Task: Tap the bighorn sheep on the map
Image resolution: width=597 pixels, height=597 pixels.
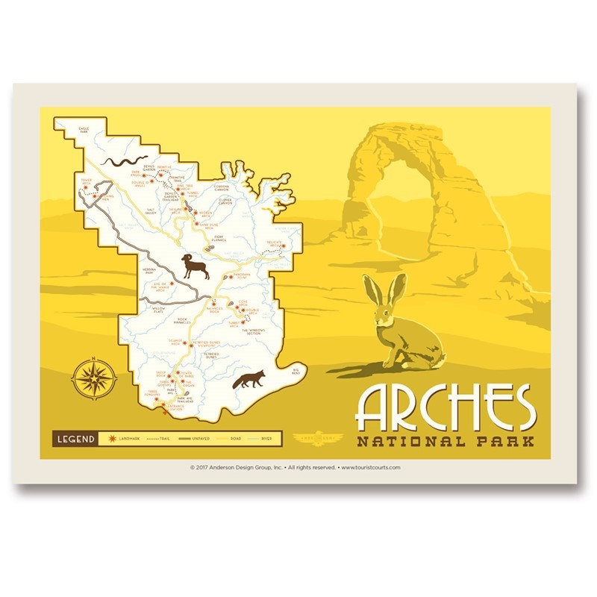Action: [x=196, y=266]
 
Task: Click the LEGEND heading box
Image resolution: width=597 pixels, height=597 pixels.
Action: [x=76, y=438]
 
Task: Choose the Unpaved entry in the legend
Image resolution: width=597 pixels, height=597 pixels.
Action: [x=190, y=438]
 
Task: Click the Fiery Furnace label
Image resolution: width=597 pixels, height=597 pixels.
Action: [x=219, y=238]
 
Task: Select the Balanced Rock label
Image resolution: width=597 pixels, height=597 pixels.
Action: [x=215, y=307]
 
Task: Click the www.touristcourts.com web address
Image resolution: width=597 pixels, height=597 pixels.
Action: [x=371, y=468]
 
